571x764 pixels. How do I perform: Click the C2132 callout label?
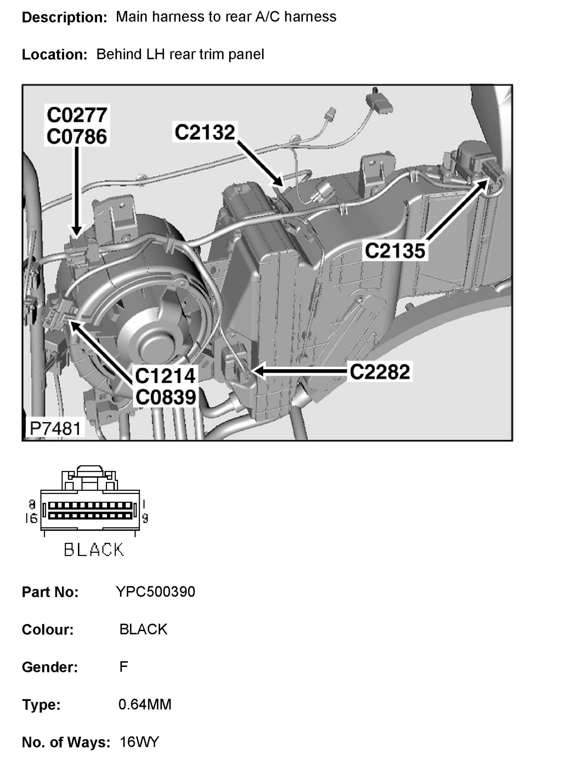click(204, 132)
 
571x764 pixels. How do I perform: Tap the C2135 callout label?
click(395, 251)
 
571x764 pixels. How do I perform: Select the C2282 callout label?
click(380, 371)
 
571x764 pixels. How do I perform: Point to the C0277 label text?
click(77, 115)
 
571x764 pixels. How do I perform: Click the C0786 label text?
click(77, 136)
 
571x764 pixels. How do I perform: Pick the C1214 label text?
click(165, 376)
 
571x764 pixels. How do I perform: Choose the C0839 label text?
click(165, 397)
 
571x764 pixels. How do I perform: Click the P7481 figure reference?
click(56, 428)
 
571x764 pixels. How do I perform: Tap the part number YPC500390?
click(155, 592)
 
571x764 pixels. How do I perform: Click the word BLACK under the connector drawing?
click(94, 550)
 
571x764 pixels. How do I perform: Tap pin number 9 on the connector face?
click(145, 518)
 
